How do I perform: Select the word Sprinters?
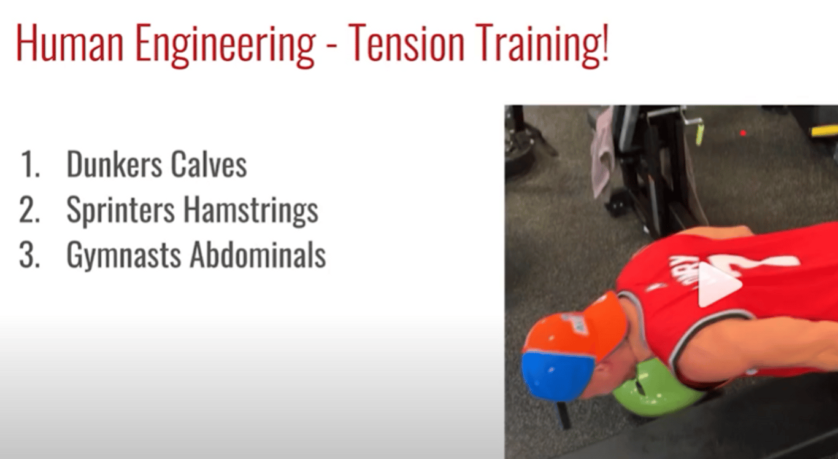point(120,211)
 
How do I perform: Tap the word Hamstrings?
point(251,211)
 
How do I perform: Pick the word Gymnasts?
point(123,256)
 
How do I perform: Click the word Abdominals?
point(258,254)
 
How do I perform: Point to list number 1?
point(30,164)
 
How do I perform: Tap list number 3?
point(29,255)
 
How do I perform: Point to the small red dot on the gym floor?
point(743,133)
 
